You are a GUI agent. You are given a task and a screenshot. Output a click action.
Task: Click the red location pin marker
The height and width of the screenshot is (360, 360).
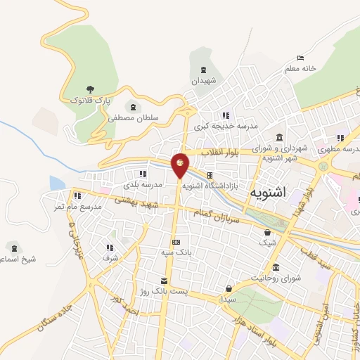click(181, 165)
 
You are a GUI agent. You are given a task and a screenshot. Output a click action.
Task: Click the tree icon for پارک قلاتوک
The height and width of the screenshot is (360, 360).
click(90, 89)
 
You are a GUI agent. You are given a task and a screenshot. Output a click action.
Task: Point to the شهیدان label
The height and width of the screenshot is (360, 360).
click(205, 81)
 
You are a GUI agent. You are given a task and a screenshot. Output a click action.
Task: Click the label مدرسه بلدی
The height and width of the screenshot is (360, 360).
click(143, 184)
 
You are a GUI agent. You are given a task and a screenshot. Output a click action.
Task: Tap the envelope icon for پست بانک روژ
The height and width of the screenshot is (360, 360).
click(164, 281)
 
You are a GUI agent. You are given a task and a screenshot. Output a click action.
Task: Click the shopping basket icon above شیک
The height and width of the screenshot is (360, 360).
click(267, 233)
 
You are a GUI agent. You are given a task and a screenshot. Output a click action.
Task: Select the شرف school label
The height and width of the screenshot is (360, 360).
click(110, 258)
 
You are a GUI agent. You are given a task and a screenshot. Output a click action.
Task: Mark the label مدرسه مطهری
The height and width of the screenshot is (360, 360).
click(335, 149)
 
